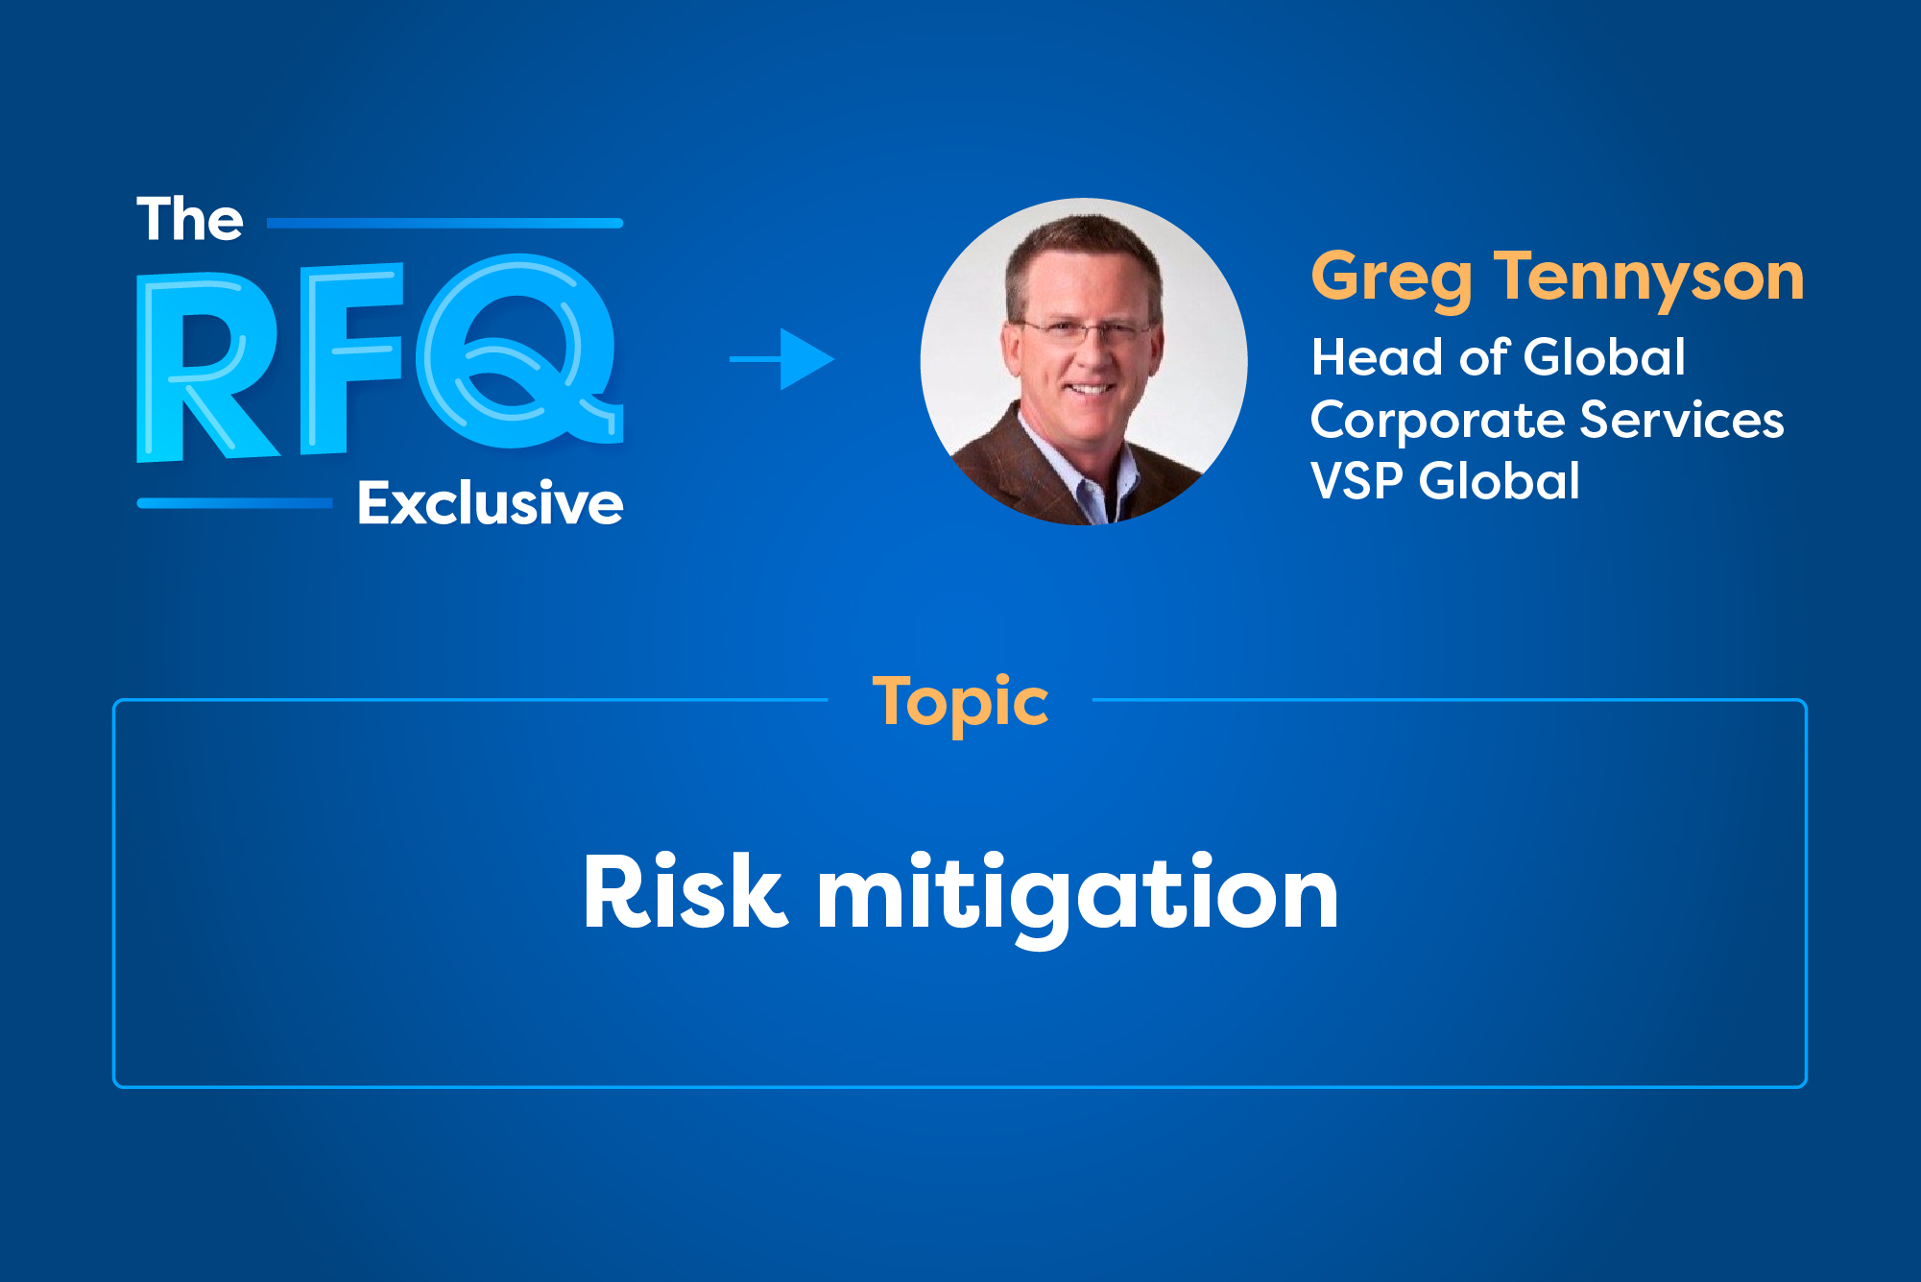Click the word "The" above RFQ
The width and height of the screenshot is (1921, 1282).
pyautogui.click(x=190, y=220)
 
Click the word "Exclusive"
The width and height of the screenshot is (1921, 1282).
pyautogui.click(x=490, y=503)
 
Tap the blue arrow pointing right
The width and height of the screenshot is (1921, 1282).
pyautogui.click(x=782, y=359)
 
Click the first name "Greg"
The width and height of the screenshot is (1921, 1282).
pyautogui.click(x=1391, y=278)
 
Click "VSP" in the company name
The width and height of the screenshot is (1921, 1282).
pyautogui.click(x=1357, y=480)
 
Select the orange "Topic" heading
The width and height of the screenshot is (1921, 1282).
pyautogui.click(x=960, y=703)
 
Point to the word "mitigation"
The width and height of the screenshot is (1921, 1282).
pyautogui.click(x=1077, y=894)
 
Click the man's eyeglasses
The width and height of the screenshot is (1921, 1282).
pyautogui.click(x=1087, y=332)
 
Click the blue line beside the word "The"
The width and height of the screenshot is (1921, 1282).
pyautogui.click(x=444, y=223)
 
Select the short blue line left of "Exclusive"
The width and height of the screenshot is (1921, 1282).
pyautogui.click(x=235, y=503)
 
